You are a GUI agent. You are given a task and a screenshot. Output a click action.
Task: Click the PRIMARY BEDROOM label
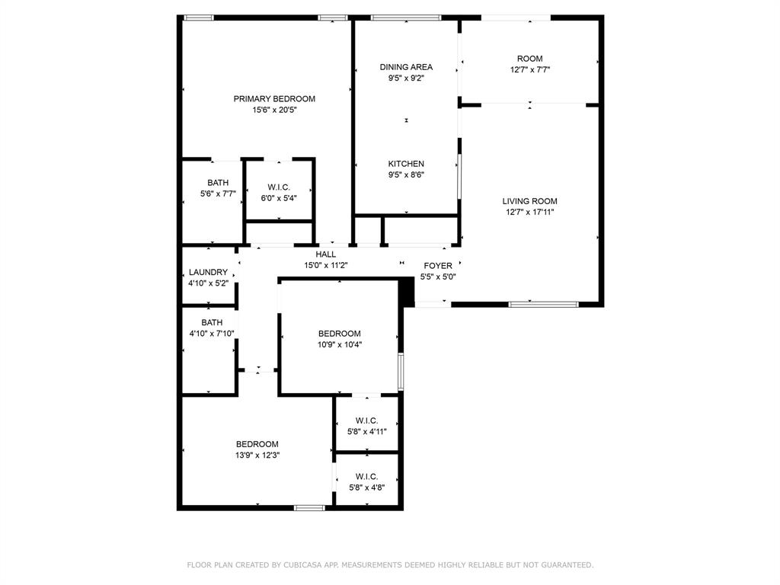pyautogui.click(x=274, y=99)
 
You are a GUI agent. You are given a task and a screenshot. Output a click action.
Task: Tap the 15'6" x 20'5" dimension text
pyautogui.click(x=274, y=110)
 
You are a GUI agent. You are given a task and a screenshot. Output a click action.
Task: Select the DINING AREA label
pyautogui.click(x=406, y=67)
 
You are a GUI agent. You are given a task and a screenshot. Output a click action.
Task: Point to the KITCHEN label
pyautogui.click(x=406, y=164)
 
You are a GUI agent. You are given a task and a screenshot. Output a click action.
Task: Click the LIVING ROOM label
pyautogui.click(x=529, y=201)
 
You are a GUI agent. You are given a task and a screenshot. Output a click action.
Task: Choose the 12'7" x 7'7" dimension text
pyautogui.click(x=529, y=69)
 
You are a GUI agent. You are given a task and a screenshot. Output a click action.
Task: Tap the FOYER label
pyautogui.click(x=437, y=266)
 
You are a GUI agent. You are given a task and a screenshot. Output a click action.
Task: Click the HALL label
pyautogui.click(x=325, y=254)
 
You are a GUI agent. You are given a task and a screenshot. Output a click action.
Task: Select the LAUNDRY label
pyautogui.click(x=208, y=272)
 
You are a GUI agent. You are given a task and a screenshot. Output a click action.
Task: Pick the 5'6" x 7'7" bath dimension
pyautogui.click(x=218, y=193)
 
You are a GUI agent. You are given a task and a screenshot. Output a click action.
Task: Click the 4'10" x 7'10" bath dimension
pyautogui.click(x=212, y=333)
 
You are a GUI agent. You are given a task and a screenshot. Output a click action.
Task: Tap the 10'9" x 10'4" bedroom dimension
pyautogui.click(x=340, y=344)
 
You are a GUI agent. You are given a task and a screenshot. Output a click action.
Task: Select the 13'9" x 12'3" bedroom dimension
pyautogui.click(x=257, y=455)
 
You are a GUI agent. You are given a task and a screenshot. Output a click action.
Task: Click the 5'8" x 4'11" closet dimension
pyautogui.click(x=367, y=431)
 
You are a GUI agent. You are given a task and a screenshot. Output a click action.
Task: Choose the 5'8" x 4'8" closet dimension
pyautogui.click(x=366, y=487)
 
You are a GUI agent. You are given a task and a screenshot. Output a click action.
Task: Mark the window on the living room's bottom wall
pyautogui.click(x=543, y=304)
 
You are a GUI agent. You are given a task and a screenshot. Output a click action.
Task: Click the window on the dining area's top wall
pyautogui.click(x=405, y=18)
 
